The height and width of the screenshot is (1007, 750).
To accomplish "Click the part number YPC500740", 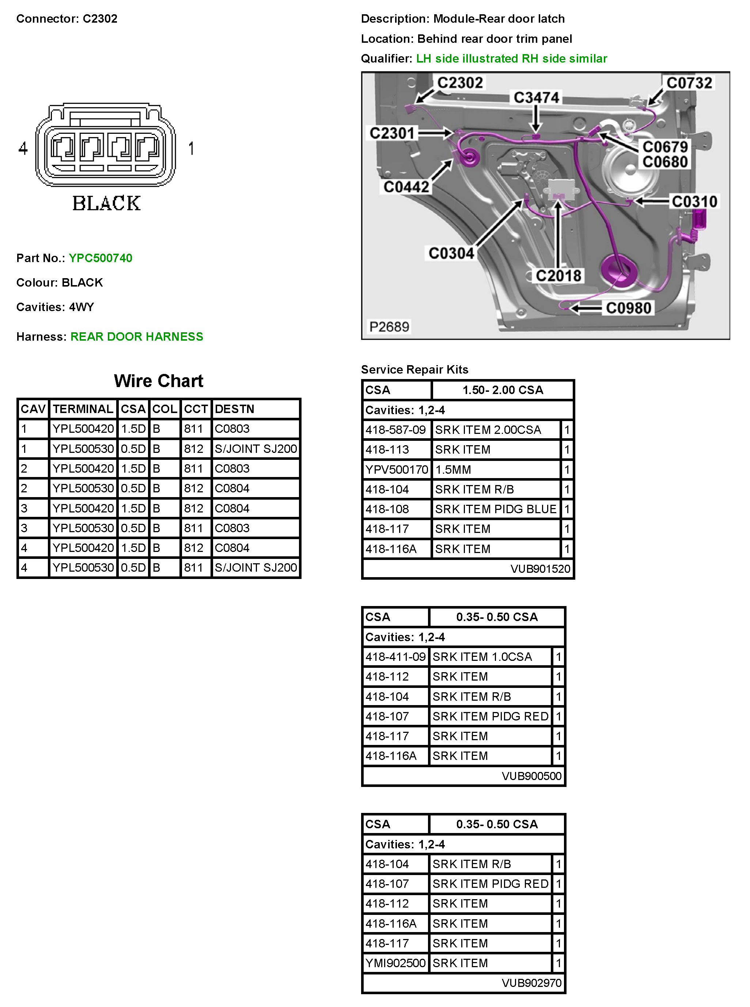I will tap(101, 258).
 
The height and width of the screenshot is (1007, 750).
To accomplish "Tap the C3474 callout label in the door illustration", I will tap(536, 98).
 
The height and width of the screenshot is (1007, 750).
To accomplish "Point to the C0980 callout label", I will tap(628, 308).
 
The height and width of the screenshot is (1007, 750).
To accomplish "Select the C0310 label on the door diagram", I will tap(694, 201).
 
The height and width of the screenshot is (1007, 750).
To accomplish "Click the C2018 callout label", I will tap(558, 276).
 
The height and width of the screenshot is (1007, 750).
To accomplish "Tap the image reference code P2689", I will tap(389, 326).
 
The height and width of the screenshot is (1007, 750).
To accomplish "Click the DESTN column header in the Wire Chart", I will tap(234, 409).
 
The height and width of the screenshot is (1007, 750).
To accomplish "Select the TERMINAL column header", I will tap(83, 409).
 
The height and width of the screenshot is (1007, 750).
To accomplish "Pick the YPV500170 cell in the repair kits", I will tap(396, 469).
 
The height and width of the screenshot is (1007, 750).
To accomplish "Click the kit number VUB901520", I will tap(540, 569).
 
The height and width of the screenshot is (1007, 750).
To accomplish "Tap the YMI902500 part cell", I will tap(395, 963).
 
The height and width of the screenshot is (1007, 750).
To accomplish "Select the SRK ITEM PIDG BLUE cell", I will tap(495, 509).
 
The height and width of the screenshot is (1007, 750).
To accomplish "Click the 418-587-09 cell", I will tap(395, 429).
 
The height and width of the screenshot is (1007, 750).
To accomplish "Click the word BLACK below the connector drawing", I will tap(107, 203).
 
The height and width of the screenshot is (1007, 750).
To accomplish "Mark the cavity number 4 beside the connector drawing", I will tap(23, 148).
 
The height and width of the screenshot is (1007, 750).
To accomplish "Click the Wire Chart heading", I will tap(159, 381).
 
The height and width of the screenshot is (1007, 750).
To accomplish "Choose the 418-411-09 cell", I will tap(395, 656).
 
